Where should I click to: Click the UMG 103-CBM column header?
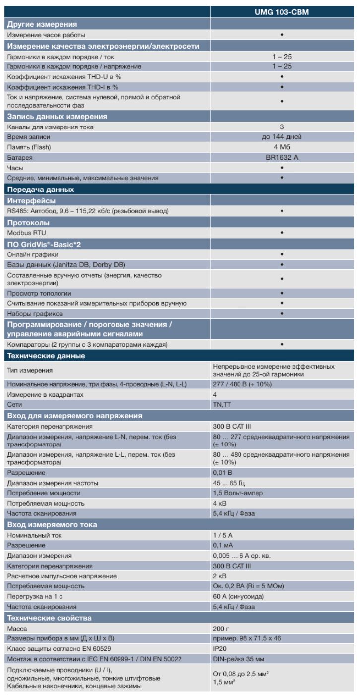[282, 12]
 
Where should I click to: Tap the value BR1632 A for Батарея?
[282, 157]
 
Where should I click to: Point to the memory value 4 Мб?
[282, 147]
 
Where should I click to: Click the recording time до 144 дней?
[282, 137]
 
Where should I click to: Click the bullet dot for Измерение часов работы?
[282, 35]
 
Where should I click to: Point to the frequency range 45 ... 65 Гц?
[229, 483]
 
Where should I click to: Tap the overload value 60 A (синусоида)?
[238, 596]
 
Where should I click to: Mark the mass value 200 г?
[221, 629]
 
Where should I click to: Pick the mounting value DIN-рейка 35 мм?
[236, 659]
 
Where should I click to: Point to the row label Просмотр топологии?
[39, 293]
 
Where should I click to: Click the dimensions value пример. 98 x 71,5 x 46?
[248, 638]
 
